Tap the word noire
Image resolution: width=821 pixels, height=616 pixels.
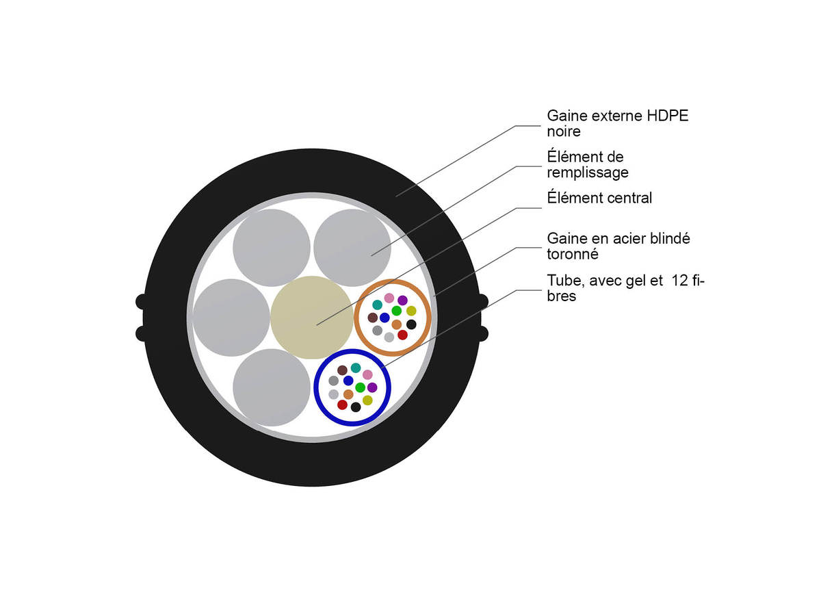pyautogui.click(x=564, y=131)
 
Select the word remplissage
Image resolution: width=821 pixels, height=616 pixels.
pyautogui.click(x=587, y=172)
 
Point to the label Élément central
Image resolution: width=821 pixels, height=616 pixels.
pyautogui.click(x=599, y=198)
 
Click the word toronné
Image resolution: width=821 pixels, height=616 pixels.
pyautogui.click(x=573, y=254)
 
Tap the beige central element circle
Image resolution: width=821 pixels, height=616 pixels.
pyautogui.click(x=311, y=317)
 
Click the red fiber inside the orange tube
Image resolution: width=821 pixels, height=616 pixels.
pyautogui.click(x=402, y=335)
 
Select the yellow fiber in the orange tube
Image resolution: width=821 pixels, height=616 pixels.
pyautogui.click(x=411, y=311)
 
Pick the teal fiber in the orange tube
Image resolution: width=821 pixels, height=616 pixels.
pyautogui.click(x=377, y=305)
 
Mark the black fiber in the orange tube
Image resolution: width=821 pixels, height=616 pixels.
pyautogui.click(x=411, y=324)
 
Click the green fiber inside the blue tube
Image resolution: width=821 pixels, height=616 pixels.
pyautogui.click(x=360, y=387)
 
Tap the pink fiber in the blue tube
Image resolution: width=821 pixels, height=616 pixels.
pyautogui.click(x=367, y=374)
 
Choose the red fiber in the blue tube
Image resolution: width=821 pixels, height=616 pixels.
pyautogui.click(x=342, y=405)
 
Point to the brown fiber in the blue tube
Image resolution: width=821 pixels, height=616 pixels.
pyautogui.click(x=342, y=370)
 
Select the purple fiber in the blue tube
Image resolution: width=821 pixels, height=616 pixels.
pyautogui.click(x=372, y=387)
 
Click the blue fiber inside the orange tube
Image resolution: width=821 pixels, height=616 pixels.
pyautogui.click(x=385, y=318)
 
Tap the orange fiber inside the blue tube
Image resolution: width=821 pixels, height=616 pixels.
pyautogui.click(x=348, y=394)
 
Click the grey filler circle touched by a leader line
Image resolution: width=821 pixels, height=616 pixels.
pyautogui.click(x=352, y=248)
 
